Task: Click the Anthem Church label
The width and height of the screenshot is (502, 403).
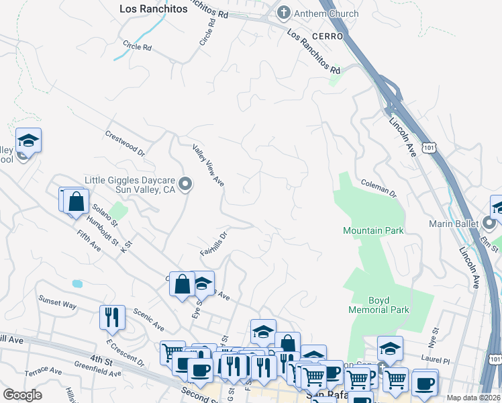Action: click(x=327, y=13)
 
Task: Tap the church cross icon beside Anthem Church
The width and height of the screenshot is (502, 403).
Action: click(x=285, y=13)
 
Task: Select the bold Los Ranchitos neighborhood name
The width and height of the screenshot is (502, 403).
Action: click(x=153, y=9)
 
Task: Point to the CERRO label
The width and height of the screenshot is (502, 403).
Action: click(x=327, y=36)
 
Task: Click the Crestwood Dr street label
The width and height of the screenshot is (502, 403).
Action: click(x=125, y=142)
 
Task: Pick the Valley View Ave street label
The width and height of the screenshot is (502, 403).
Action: click(x=208, y=165)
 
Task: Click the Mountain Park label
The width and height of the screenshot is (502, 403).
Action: click(x=373, y=230)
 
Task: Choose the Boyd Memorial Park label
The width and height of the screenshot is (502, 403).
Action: click(x=379, y=305)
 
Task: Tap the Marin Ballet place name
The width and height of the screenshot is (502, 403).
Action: click(x=454, y=223)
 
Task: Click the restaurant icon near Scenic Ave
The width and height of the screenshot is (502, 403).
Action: click(x=112, y=316)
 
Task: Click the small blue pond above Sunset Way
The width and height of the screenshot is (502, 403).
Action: click(x=77, y=283)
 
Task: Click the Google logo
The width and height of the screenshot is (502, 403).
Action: click(x=22, y=395)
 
